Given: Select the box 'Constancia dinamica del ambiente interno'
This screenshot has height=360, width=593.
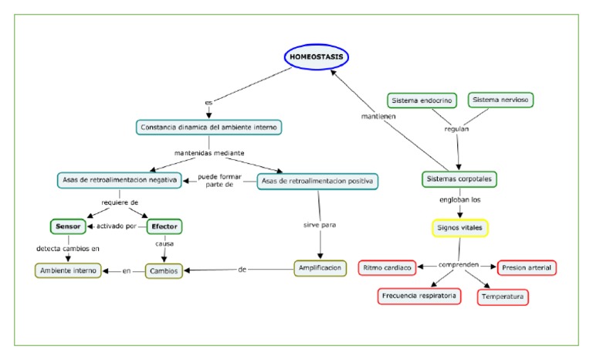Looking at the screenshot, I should [208, 127].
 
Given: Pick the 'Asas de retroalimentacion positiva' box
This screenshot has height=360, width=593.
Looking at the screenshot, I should [317, 181].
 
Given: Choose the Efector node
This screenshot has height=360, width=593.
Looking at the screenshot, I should [164, 226].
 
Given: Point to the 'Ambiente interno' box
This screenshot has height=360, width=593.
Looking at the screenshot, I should [68, 270].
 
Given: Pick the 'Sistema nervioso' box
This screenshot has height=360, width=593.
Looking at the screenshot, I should [502, 100].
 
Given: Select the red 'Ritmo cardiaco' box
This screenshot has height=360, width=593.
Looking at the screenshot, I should [387, 268].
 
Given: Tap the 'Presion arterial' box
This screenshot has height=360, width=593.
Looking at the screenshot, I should [527, 268].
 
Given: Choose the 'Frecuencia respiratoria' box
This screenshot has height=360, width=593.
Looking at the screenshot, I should [419, 296].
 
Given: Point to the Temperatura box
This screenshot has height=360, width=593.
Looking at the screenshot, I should [503, 297].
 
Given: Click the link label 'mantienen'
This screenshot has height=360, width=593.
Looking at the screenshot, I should [379, 117].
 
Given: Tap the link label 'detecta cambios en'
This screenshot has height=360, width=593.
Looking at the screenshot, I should [68, 248].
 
